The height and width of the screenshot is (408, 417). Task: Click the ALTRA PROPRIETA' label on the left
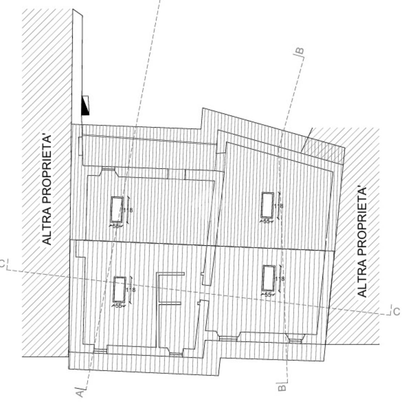(47, 190)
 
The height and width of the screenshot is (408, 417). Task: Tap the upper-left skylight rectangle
(116, 209)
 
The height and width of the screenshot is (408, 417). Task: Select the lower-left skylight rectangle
(120, 289)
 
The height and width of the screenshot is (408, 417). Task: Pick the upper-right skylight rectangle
(267, 205)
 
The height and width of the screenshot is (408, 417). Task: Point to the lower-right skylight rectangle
(268, 278)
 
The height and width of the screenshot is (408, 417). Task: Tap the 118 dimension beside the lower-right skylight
(280, 279)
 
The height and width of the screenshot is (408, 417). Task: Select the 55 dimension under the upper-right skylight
(267, 221)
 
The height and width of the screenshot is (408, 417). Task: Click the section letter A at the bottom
(80, 392)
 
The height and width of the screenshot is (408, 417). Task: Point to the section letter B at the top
(300, 51)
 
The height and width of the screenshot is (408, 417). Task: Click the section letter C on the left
(3, 264)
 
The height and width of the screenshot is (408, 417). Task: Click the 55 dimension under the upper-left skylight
(116, 226)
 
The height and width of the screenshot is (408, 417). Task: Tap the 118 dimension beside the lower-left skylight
(130, 290)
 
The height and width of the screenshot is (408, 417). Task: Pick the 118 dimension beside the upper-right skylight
(278, 206)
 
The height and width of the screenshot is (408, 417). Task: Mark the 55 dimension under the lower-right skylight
(268, 295)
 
